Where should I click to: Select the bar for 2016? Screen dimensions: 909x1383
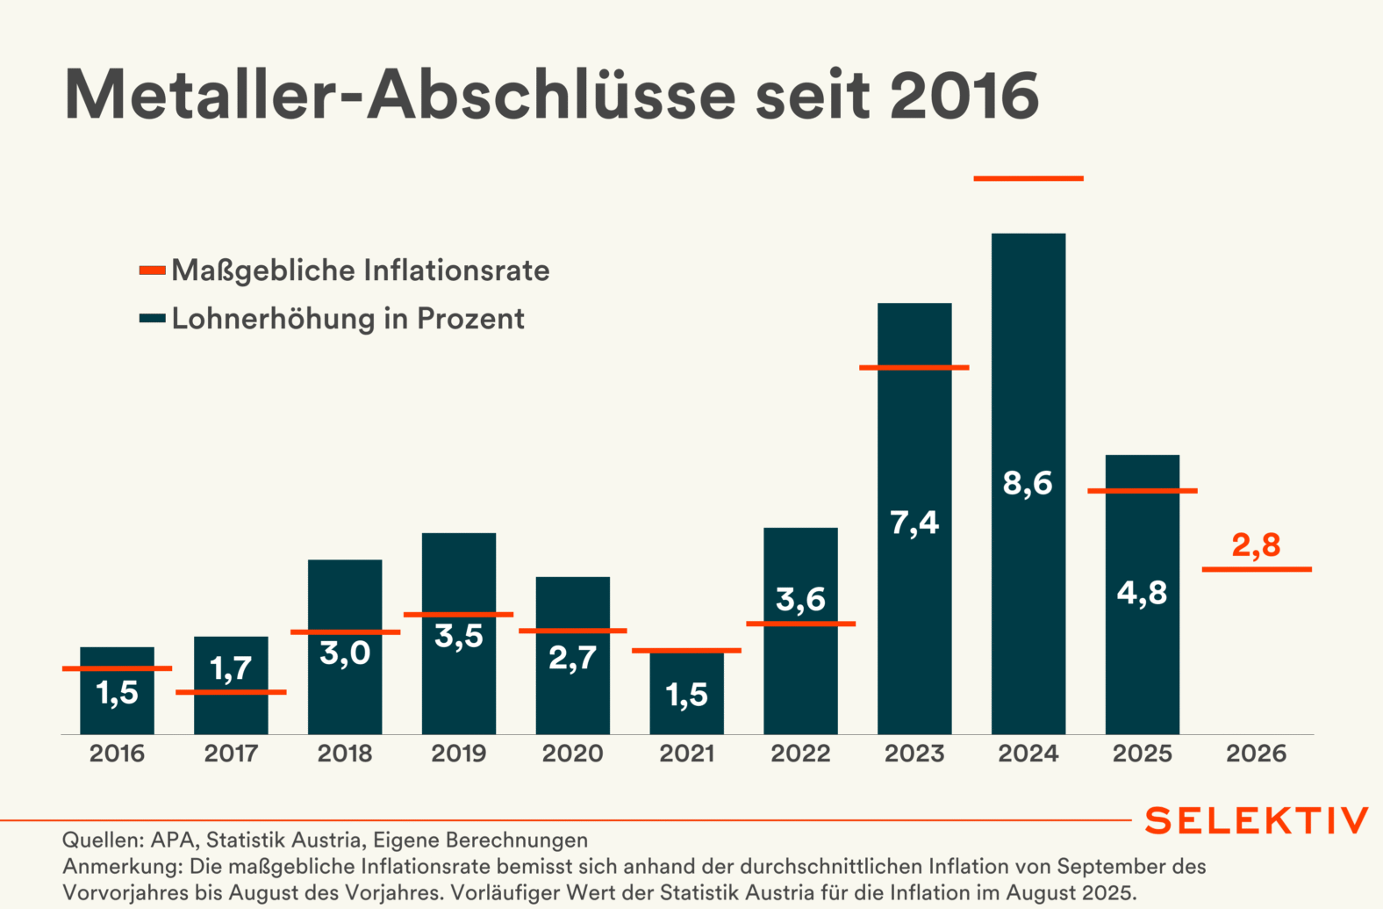click(117, 711)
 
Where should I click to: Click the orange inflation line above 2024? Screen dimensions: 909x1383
click(1028, 178)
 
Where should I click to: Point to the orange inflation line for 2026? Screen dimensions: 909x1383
click(1257, 569)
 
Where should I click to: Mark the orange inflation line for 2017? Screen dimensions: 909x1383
click(231, 692)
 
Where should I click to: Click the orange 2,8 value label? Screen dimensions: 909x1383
click(1257, 545)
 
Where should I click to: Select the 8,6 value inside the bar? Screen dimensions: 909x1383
click(1028, 483)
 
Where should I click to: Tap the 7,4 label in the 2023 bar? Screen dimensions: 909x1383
click(914, 523)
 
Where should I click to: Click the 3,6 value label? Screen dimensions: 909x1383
click(800, 600)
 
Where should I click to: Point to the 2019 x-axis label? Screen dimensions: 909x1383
click(459, 754)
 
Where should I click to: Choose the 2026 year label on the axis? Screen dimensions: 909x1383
click(1257, 754)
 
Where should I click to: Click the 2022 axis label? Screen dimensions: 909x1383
click(800, 754)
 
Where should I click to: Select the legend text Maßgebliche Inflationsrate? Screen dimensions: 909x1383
click(360, 271)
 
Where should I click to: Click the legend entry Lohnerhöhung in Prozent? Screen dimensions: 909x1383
click(348, 318)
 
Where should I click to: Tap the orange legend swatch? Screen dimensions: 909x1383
click(153, 271)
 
